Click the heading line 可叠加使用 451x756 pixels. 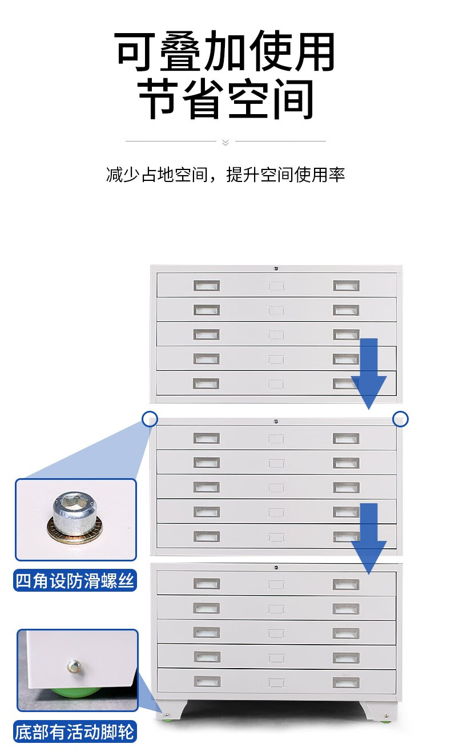tap(226, 52)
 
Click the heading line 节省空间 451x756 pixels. tap(226, 99)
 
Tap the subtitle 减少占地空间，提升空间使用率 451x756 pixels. tap(226, 175)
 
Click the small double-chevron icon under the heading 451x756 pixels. tap(225, 142)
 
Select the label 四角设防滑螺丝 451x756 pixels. tap(75, 581)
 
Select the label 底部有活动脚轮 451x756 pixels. tap(75, 732)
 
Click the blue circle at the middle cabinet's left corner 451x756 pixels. tap(150, 419)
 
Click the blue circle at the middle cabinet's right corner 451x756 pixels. tap(401, 419)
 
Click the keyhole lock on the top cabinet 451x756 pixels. tap(275, 268)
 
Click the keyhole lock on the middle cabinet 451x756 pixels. tap(275, 421)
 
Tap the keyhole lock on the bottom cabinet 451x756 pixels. tap(276, 567)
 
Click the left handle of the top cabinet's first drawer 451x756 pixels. tap(206, 285)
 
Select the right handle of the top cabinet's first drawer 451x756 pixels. tap(346, 285)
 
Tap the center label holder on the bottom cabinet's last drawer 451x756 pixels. tap(276, 681)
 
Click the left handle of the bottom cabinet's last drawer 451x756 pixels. tap(207, 681)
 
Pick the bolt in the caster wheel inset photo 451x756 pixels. tap(74, 665)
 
